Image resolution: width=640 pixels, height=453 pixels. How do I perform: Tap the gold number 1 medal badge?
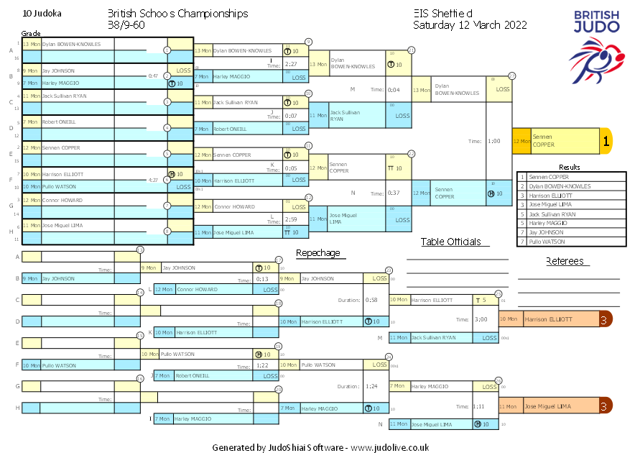(606, 142)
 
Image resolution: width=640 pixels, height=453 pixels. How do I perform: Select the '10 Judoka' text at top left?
(42, 14)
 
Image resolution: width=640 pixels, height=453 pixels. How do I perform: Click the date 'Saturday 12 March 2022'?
(470, 24)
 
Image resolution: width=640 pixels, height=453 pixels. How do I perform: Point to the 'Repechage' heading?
(317, 253)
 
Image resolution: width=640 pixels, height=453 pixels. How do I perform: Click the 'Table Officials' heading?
(450, 242)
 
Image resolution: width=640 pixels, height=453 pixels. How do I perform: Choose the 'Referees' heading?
(565, 261)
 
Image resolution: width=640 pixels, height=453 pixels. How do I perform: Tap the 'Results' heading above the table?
(569, 168)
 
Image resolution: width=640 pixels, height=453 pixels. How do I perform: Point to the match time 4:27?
(152, 180)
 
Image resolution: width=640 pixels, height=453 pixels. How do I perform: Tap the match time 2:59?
(292, 219)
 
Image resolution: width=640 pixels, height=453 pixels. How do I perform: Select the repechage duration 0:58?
(371, 300)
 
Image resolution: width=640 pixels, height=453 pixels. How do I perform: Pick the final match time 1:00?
(493, 142)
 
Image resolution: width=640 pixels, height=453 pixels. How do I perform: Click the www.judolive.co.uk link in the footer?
(390, 447)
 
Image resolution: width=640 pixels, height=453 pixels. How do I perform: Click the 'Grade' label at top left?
(31, 34)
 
